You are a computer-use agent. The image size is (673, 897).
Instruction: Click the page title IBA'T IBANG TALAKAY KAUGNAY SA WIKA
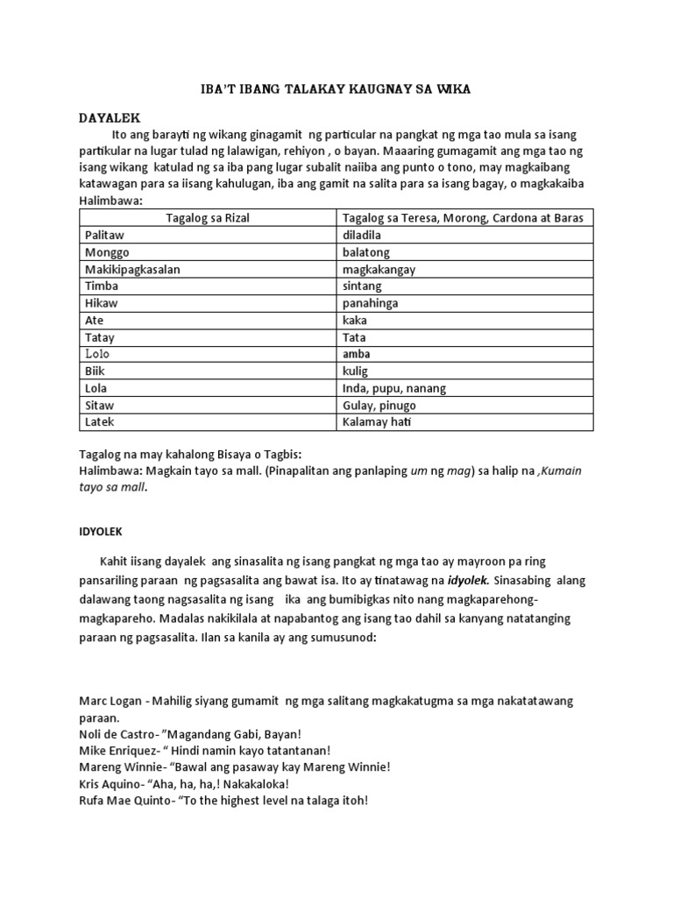pos(336,90)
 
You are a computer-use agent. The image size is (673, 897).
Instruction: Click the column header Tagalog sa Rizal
pos(208,218)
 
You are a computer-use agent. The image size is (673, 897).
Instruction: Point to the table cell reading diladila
pos(369,236)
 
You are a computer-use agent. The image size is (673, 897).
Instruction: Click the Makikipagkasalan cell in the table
pos(132,270)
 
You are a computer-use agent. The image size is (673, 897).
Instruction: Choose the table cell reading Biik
pos(95,371)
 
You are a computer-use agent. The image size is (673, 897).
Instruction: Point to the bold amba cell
pos(358,354)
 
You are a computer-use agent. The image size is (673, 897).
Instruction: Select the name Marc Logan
pos(112,702)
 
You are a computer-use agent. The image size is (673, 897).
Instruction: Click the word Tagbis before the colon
pos(280,455)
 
